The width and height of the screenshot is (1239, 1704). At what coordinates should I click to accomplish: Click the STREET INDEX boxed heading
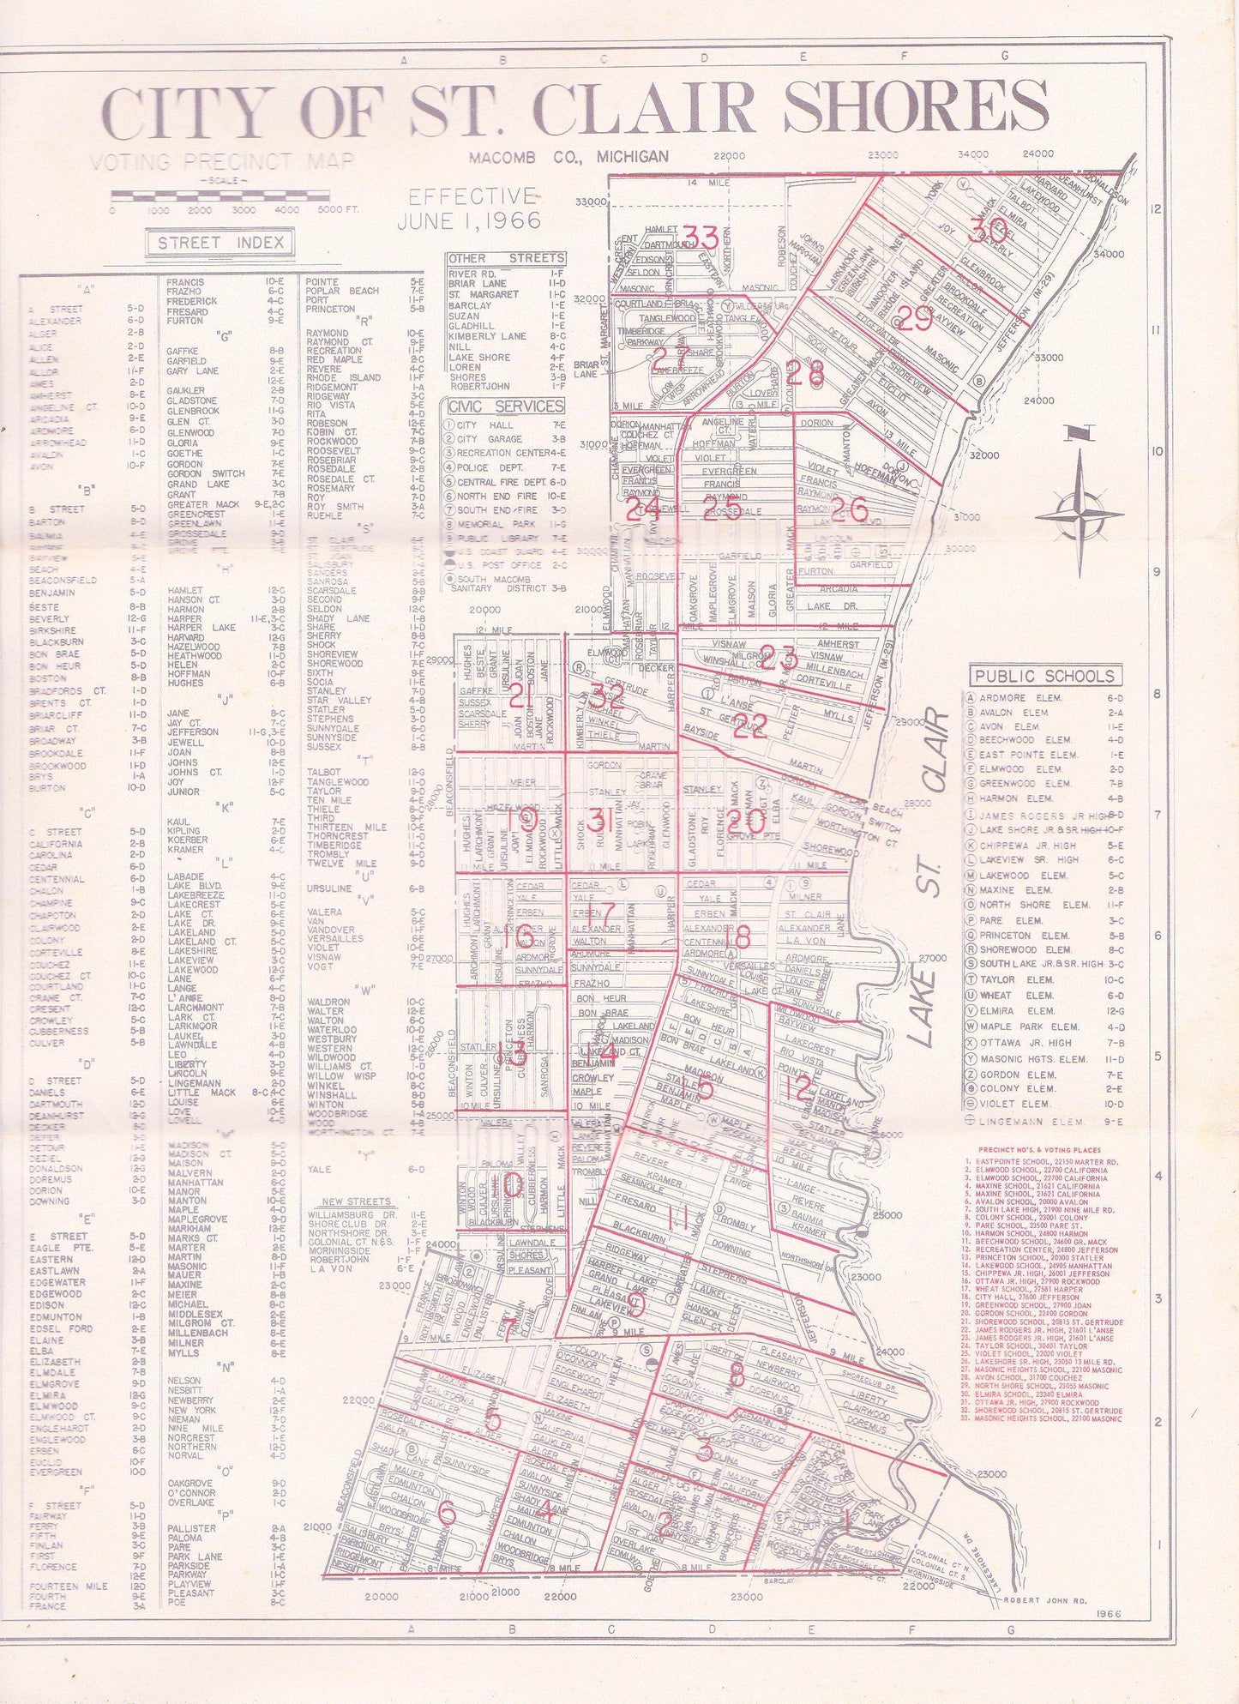220,243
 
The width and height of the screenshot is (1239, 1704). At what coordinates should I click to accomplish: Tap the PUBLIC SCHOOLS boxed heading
1044,677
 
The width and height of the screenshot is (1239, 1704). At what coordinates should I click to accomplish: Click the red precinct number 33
701,235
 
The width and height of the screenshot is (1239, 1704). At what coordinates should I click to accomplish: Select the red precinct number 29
914,320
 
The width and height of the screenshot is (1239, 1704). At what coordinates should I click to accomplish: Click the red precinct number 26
849,510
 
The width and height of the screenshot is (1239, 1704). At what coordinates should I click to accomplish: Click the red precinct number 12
797,1087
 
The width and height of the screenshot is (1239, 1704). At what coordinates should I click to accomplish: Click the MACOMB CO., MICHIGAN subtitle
568,157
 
